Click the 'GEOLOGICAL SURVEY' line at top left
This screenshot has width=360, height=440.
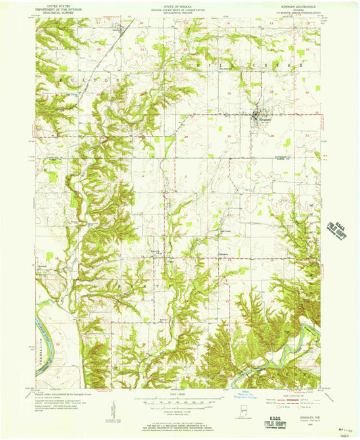point(57,13)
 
